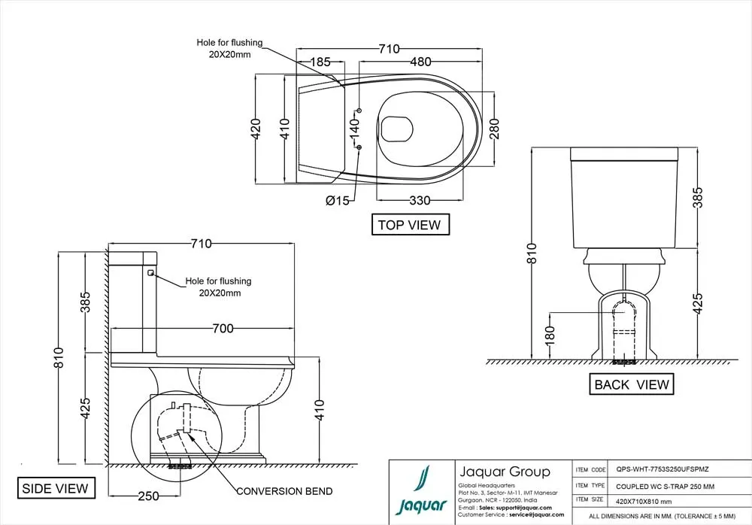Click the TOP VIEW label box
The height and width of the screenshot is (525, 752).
click(x=411, y=225)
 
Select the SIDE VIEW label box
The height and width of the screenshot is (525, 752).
click(x=56, y=488)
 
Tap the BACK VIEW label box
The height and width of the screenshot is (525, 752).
click(x=631, y=384)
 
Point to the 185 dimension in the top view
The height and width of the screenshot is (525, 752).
click(x=320, y=62)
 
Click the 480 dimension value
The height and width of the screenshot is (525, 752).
click(x=420, y=62)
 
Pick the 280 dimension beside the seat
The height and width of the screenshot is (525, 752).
click(x=494, y=129)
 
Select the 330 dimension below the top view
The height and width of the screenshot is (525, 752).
click(x=420, y=200)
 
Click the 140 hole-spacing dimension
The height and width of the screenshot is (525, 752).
click(x=354, y=129)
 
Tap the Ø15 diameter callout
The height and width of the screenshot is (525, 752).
click(x=338, y=201)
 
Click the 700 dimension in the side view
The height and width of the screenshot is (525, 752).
click(x=223, y=328)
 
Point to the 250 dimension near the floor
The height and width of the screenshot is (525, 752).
click(x=148, y=496)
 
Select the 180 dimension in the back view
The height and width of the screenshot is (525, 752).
click(x=550, y=335)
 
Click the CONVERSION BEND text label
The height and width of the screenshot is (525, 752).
click(x=284, y=491)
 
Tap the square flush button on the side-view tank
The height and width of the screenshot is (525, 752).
click(x=150, y=273)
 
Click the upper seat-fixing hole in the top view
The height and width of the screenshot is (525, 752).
click(x=359, y=111)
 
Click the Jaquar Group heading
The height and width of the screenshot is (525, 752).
click(x=505, y=472)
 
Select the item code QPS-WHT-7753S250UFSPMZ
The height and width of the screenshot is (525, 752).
click(x=663, y=469)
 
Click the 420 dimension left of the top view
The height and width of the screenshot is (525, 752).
click(x=256, y=129)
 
